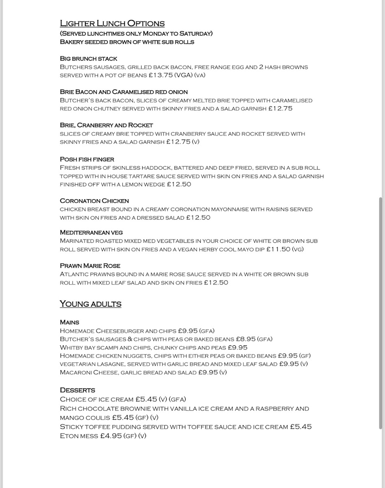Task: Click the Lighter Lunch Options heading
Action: (112, 24)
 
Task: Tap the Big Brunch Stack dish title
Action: (89, 59)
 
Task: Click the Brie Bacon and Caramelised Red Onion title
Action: (124, 92)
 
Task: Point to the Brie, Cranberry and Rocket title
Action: (107, 125)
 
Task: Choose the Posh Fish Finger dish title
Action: (87, 159)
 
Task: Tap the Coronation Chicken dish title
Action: (94, 201)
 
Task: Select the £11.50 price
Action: (278, 249)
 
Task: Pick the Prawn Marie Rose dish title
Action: (90, 266)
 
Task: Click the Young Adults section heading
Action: (91, 304)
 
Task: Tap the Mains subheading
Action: (70, 322)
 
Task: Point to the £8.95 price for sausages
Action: (246, 339)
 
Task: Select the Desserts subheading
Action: (78, 390)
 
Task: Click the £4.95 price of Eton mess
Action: (111, 436)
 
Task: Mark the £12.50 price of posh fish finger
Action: (179, 184)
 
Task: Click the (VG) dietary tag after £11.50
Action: (298, 249)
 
